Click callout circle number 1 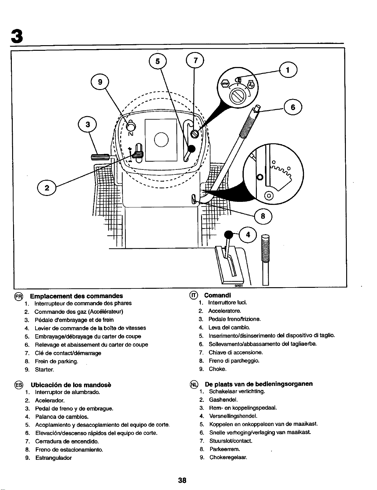(x=288, y=70)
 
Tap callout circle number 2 (x=47, y=188)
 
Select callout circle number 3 (x=87, y=125)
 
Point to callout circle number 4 (x=248, y=235)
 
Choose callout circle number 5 (x=158, y=61)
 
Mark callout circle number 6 (x=293, y=107)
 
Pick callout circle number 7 (x=195, y=60)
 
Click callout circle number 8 (x=263, y=216)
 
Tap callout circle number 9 (x=100, y=82)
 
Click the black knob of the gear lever (x=229, y=235)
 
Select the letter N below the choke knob (x=131, y=134)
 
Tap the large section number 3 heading (x=16, y=37)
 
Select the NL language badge (x=194, y=384)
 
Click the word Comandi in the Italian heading (x=218, y=295)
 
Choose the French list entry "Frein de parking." (x=56, y=361)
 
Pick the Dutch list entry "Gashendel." (x=223, y=400)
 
